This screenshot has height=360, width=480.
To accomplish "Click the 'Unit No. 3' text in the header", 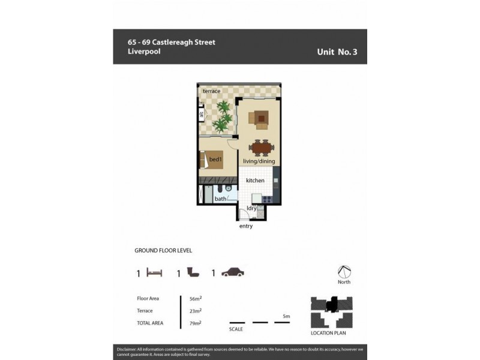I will (x=337, y=52).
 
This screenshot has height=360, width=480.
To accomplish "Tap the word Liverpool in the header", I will (x=144, y=52).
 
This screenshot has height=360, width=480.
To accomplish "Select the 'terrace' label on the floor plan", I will (x=211, y=91).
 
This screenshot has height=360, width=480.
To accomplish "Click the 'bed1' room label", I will (x=216, y=160).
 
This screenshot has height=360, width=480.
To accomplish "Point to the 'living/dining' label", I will (x=259, y=161).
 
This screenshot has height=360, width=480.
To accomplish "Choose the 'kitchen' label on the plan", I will (x=255, y=180).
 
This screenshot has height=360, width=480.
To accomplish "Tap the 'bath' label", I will (x=221, y=199).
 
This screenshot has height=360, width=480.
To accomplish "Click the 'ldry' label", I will (x=252, y=208).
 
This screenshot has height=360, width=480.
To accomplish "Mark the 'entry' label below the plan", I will (x=246, y=226).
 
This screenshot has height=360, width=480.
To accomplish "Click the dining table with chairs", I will (x=262, y=147).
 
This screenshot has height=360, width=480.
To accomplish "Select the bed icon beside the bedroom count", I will (x=155, y=273).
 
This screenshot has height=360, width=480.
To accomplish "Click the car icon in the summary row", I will (x=233, y=273).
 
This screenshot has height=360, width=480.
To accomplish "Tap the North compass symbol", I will (x=344, y=272).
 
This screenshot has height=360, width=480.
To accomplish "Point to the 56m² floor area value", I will (x=195, y=298).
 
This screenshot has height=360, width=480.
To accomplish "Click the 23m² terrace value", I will (x=195, y=311).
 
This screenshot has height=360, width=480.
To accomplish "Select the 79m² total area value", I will (x=195, y=323).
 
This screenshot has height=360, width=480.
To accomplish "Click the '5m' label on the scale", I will (x=286, y=316).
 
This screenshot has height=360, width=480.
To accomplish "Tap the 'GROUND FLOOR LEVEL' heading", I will (x=163, y=251).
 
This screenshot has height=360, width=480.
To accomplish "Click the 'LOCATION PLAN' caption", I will (x=328, y=333).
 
